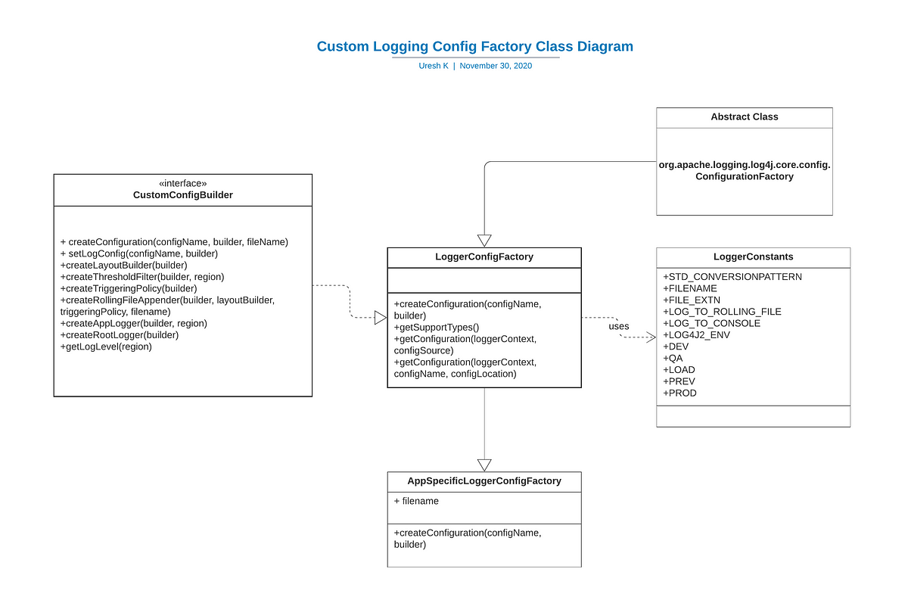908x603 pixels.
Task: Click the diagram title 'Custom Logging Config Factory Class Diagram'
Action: pyautogui.click(x=474, y=47)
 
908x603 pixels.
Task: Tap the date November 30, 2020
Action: pyautogui.click(x=496, y=66)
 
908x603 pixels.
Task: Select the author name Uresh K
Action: pyautogui.click(x=434, y=66)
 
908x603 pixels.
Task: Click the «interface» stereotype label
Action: pyautogui.click(x=183, y=184)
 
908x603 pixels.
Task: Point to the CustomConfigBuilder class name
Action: pyautogui.click(x=183, y=195)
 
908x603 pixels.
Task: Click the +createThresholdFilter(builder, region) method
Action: pyautogui.click(x=142, y=277)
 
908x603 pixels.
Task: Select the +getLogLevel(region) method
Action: pyautogui.click(x=106, y=347)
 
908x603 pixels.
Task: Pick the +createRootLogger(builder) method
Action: pyautogui.click(x=120, y=335)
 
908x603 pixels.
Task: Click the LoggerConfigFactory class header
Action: pyautogui.click(x=484, y=257)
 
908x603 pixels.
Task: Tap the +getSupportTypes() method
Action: pyautogui.click(x=437, y=328)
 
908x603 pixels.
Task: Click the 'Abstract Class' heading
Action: pyautogui.click(x=745, y=117)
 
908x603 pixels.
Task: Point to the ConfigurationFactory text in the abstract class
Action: pyautogui.click(x=745, y=177)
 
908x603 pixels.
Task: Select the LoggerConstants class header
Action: pyautogui.click(x=753, y=257)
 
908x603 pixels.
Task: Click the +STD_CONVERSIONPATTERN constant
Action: pyautogui.click(x=732, y=277)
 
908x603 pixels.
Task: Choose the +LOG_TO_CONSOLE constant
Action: pyautogui.click(x=712, y=323)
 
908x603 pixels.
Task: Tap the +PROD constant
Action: pyautogui.click(x=679, y=393)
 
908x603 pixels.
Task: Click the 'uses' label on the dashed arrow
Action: pyautogui.click(x=619, y=327)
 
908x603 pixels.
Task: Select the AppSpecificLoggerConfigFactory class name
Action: pyautogui.click(x=484, y=481)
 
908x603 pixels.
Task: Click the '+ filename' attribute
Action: pyautogui.click(x=416, y=502)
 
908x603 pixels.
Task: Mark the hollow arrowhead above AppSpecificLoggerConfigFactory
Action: pyautogui.click(x=484, y=465)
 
